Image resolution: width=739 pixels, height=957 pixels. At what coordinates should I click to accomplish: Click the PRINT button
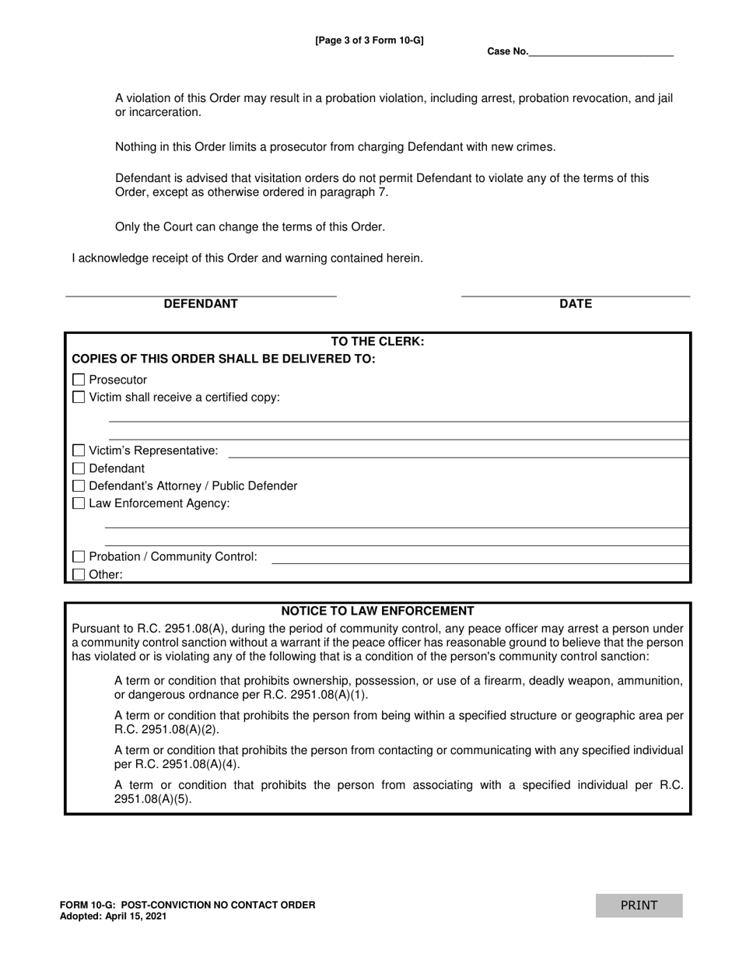(x=639, y=905)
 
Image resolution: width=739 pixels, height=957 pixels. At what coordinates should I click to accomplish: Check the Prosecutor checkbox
(x=79, y=380)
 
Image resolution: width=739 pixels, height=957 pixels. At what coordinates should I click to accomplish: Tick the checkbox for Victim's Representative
(x=79, y=450)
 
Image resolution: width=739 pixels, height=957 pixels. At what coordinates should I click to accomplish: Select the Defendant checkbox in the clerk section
(x=79, y=468)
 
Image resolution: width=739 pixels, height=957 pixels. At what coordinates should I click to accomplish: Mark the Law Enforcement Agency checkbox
(x=79, y=503)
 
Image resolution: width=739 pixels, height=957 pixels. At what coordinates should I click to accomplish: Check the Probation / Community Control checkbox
(x=79, y=556)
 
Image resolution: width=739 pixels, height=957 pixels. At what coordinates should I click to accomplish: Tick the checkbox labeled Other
(x=79, y=574)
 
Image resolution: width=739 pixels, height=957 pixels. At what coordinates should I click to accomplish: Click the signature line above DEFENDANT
(x=201, y=294)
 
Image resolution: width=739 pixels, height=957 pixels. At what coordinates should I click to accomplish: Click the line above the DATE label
(x=576, y=294)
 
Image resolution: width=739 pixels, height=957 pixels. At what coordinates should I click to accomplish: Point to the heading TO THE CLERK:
(x=377, y=342)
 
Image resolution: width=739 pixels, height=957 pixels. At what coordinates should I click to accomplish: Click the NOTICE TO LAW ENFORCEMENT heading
(x=377, y=611)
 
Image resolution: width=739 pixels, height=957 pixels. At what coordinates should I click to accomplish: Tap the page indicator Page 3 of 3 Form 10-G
(x=369, y=40)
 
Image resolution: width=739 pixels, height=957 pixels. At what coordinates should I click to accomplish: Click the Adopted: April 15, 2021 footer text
(x=113, y=917)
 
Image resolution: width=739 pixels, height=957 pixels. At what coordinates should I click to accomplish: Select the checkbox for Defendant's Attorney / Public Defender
(x=79, y=486)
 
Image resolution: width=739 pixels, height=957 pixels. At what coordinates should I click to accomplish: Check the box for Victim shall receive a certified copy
(x=79, y=398)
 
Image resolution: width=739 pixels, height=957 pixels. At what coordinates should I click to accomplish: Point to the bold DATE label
(x=576, y=304)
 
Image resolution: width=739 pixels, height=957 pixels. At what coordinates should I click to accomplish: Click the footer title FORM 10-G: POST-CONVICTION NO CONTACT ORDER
(x=187, y=905)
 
